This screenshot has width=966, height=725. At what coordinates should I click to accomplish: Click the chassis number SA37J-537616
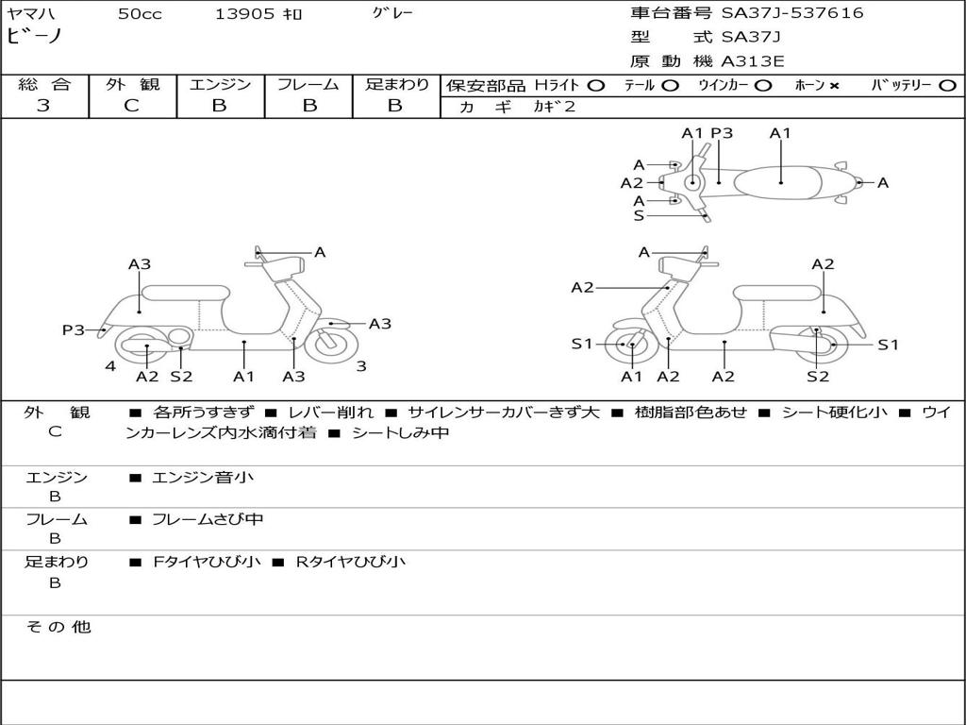(x=792, y=13)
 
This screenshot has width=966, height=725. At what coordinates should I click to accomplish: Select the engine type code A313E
(x=753, y=61)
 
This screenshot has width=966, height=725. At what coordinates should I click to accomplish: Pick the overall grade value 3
(x=43, y=106)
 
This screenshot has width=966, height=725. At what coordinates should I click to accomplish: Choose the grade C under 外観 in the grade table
(x=131, y=106)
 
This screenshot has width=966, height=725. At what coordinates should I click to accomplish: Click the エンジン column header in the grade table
(x=220, y=85)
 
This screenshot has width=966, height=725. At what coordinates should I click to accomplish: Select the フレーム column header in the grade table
(x=308, y=85)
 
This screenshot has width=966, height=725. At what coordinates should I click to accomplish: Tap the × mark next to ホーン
(x=834, y=86)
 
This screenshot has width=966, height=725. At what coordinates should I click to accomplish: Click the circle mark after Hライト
(x=596, y=86)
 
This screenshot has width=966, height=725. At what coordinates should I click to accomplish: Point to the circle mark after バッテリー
(x=947, y=86)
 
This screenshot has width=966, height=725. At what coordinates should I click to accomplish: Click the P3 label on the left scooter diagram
(x=74, y=329)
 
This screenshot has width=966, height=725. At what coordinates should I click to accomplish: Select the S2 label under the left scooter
(x=181, y=377)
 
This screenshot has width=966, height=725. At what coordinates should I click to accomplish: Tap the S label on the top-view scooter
(x=639, y=215)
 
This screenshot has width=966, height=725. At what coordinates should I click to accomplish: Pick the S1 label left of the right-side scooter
(x=582, y=344)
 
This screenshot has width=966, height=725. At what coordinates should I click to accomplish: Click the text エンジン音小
(x=203, y=478)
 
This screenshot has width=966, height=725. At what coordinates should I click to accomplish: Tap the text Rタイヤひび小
(x=351, y=562)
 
